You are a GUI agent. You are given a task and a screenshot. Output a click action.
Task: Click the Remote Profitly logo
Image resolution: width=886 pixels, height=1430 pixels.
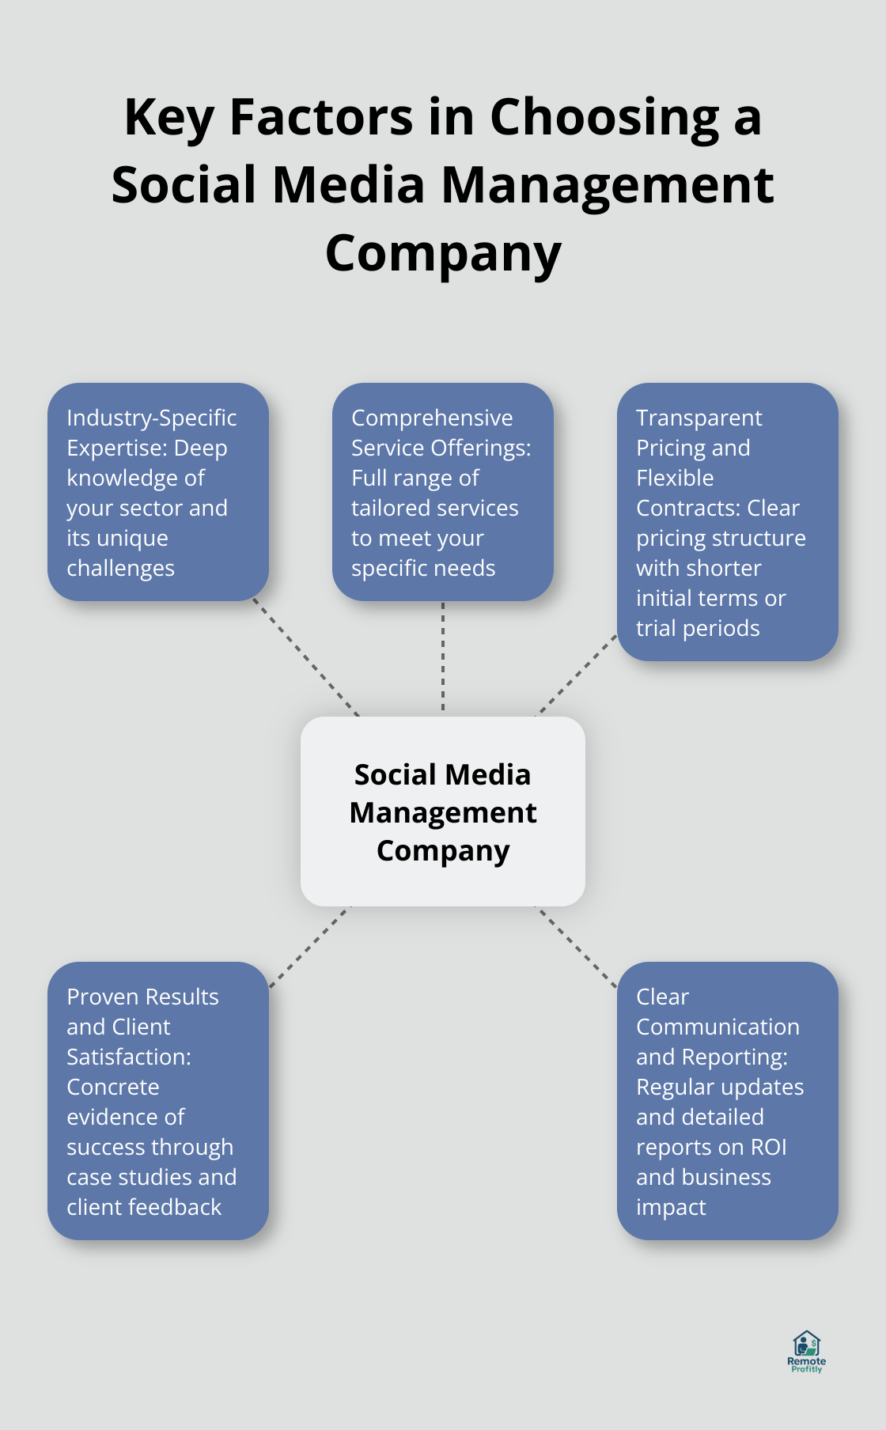(806, 1352)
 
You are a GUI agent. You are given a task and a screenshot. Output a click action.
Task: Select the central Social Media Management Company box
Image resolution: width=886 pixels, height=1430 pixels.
(443, 811)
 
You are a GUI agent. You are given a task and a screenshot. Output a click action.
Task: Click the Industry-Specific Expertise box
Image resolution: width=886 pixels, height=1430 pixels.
(158, 491)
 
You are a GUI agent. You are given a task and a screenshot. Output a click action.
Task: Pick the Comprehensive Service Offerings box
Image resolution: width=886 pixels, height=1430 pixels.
(443, 491)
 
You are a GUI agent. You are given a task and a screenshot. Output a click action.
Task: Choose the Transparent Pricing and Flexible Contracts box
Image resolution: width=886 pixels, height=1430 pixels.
(727, 521)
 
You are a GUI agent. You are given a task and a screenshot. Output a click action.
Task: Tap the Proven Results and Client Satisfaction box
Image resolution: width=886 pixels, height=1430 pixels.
(158, 1100)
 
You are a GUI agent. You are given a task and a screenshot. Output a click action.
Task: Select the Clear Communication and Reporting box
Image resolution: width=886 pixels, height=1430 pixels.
(727, 1100)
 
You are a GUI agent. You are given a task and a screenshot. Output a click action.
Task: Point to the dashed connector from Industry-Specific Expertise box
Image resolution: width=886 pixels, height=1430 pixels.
(306, 658)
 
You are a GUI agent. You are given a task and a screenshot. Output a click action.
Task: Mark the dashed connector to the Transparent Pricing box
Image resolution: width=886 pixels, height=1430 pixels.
(577, 675)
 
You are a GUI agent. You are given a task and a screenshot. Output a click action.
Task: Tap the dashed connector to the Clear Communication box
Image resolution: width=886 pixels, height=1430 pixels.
(577, 947)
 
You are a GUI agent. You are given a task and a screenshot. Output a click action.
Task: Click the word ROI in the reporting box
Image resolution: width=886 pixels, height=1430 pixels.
(769, 1147)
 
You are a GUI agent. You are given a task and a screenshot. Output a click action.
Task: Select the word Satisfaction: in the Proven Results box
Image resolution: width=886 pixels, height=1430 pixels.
(129, 1057)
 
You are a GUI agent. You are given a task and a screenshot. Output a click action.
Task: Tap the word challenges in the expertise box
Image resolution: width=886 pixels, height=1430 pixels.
(120, 568)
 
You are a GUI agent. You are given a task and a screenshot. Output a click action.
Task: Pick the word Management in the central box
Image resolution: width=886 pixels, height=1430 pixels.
(443, 812)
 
